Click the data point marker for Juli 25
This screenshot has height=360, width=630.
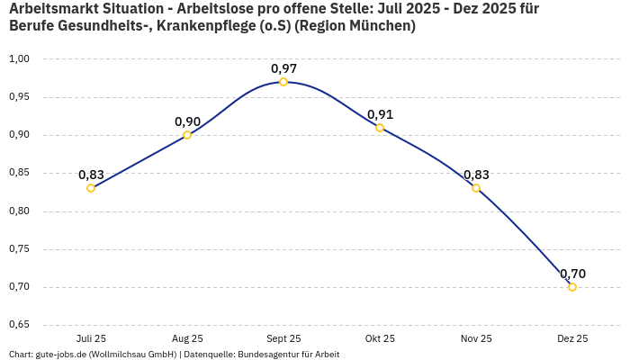pyautogui.click(x=91, y=188)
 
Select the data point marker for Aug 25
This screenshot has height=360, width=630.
pyautogui.click(x=187, y=135)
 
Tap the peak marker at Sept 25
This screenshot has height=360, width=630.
pyautogui.click(x=283, y=82)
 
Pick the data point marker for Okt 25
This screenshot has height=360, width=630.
pyautogui.click(x=380, y=128)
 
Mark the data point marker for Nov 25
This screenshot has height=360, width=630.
pyautogui.click(x=476, y=188)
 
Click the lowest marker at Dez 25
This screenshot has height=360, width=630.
pyautogui.click(x=572, y=287)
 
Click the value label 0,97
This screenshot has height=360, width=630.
pyautogui.click(x=283, y=68)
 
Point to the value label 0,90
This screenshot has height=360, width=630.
pyautogui.click(x=187, y=121)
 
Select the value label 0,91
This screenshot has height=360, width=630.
pyautogui.click(x=380, y=114)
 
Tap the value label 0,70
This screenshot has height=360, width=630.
pyautogui.click(x=572, y=274)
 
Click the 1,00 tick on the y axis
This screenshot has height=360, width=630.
pyautogui.click(x=19, y=58)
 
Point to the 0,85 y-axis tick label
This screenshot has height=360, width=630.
pyautogui.click(x=19, y=173)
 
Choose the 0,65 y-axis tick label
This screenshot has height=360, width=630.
pyautogui.click(x=19, y=325)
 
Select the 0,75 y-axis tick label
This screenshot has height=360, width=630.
pyautogui.click(x=19, y=249)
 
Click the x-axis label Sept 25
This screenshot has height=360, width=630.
pyautogui.click(x=283, y=339)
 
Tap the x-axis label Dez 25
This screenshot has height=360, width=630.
pyautogui.click(x=572, y=339)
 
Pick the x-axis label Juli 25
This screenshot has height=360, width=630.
pyautogui.click(x=91, y=339)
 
